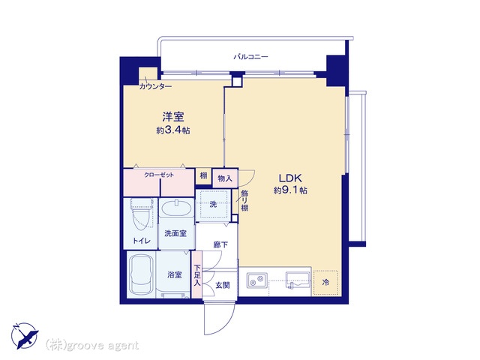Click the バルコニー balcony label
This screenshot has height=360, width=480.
tap(250, 57)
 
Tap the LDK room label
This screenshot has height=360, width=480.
tap(290, 178)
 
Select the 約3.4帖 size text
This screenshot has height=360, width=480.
tap(173, 130)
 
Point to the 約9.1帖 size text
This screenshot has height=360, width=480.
tap(290, 190)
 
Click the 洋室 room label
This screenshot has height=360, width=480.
tap(173, 117)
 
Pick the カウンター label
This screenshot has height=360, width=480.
tap(155, 87)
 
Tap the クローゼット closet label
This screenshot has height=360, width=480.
tap(159, 175)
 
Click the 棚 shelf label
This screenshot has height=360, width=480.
tap(203, 175)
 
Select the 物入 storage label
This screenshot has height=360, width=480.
tap(225, 178)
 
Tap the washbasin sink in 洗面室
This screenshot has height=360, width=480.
tap(176, 208)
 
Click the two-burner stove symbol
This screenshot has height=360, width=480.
tap(257, 280)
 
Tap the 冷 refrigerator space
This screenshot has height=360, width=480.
tap(325, 283)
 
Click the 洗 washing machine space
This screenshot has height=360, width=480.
tap(213, 205)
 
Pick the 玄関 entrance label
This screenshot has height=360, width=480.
tap(223, 285)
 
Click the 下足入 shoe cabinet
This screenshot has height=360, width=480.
tap(196, 274)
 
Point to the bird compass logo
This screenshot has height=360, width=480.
tap(25, 335)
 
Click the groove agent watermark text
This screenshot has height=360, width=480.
tap(92, 346)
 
